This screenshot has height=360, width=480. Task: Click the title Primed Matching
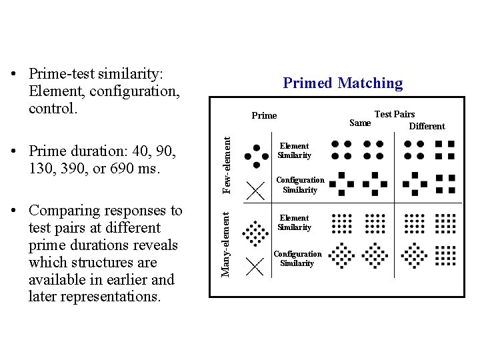click(343, 83)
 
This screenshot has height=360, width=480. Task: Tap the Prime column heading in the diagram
click(264, 115)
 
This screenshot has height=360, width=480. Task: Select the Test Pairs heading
click(395, 114)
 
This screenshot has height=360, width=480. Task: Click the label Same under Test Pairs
click(360, 123)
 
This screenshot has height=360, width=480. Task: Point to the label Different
click(427, 126)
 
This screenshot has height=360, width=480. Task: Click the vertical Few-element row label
click(227, 165)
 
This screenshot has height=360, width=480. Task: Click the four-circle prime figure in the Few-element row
click(254, 156)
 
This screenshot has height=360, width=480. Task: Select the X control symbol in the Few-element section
click(254, 191)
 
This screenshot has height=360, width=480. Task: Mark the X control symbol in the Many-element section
click(254, 267)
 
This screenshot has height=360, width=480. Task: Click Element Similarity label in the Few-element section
click(294, 151)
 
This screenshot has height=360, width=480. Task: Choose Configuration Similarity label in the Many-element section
click(297, 259)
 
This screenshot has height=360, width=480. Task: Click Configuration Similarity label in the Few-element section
click(299, 185)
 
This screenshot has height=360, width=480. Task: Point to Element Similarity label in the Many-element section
click(294, 223)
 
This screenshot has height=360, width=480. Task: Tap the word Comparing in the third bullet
click(63, 211)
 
